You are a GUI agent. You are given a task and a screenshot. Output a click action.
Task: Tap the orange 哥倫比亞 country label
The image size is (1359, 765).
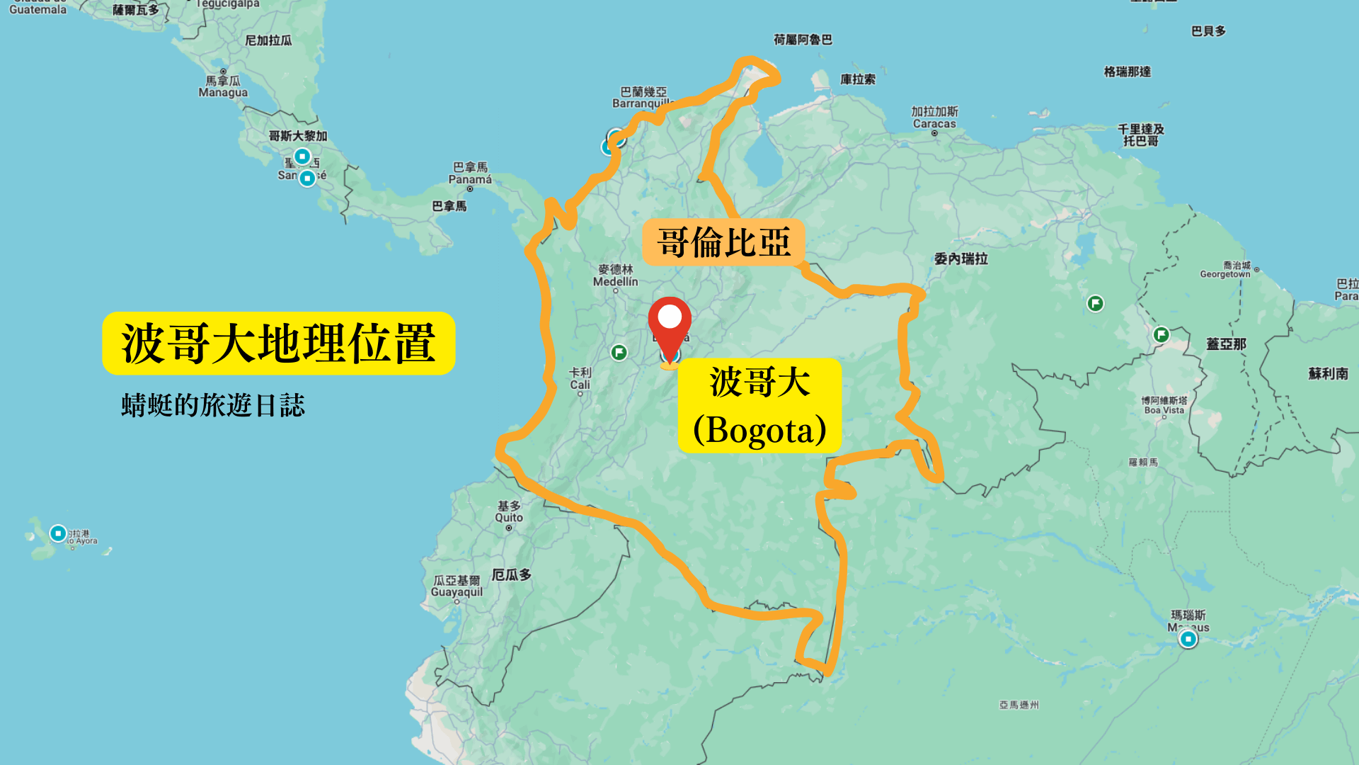click(x=723, y=243)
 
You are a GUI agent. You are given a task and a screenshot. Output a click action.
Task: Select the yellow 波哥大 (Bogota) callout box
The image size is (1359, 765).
click(x=759, y=406)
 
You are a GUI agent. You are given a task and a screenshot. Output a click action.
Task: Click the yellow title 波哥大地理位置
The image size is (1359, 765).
click(x=278, y=344)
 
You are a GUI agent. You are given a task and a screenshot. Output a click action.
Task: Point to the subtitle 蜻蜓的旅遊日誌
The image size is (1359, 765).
click(x=213, y=405)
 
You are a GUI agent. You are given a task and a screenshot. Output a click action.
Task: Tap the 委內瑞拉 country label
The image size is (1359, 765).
click(x=961, y=259)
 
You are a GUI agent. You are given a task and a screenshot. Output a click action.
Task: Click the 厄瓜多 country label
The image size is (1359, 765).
click(x=512, y=574)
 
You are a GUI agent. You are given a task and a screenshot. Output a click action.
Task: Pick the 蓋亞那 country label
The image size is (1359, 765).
click(x=1226, y=344)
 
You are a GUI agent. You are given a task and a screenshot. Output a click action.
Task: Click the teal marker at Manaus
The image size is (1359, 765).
click(x=1188, y=639)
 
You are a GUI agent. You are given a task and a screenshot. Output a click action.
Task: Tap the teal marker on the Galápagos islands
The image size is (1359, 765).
click(x=58, y=533)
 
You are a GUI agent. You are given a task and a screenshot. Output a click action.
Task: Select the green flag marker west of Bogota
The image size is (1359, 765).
click(x=619, y=352)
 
